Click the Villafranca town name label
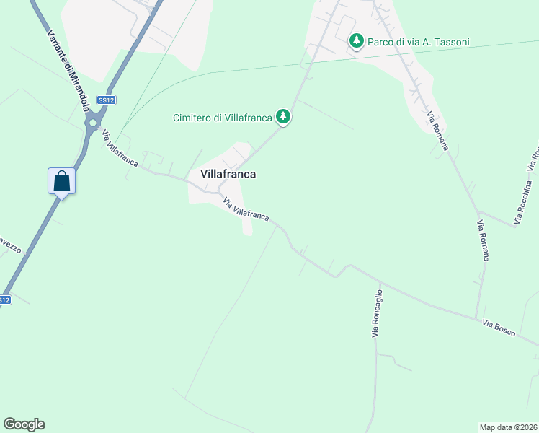(x=228, y=174)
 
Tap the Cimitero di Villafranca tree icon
(x=284, y=116)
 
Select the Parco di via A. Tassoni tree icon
(x=356, y=41)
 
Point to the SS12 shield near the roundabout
(x=107, y=100)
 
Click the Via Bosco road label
(x=499, y=327)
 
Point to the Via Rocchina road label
(x=526, y=191)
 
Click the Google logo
(x=24, y=424)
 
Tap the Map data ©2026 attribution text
(x=508, y=427)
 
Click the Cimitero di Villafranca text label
(x=222, y=118)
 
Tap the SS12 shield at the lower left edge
(x=4, y=299)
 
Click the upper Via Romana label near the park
(x=437, y=131)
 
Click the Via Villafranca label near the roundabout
(x=120, y=149)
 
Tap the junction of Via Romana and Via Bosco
(x=476, y=317)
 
